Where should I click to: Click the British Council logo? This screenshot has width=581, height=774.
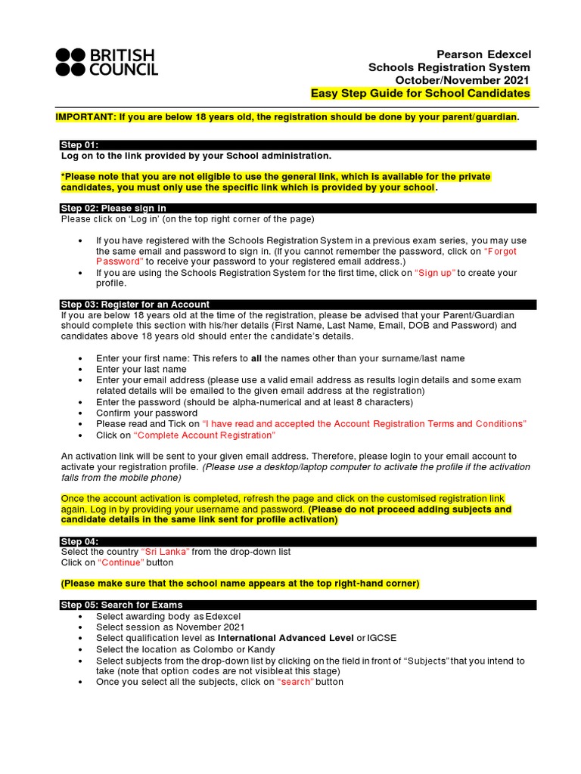107,62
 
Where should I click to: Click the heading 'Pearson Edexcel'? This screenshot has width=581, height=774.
484,54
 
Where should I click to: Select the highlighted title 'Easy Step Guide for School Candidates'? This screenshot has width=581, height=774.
421,93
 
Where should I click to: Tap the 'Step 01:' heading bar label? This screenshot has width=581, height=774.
80,144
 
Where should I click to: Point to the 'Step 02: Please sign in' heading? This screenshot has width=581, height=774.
113,208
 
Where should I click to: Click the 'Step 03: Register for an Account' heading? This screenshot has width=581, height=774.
135,304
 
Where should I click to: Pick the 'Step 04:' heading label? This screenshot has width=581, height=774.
80,541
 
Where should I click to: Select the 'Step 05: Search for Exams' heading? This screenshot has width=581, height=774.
121,605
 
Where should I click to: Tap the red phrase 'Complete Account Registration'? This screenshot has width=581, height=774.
204,435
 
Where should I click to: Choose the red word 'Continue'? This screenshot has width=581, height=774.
121,562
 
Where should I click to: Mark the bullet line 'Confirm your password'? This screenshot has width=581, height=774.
147,413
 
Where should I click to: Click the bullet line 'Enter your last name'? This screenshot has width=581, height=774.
141,369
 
